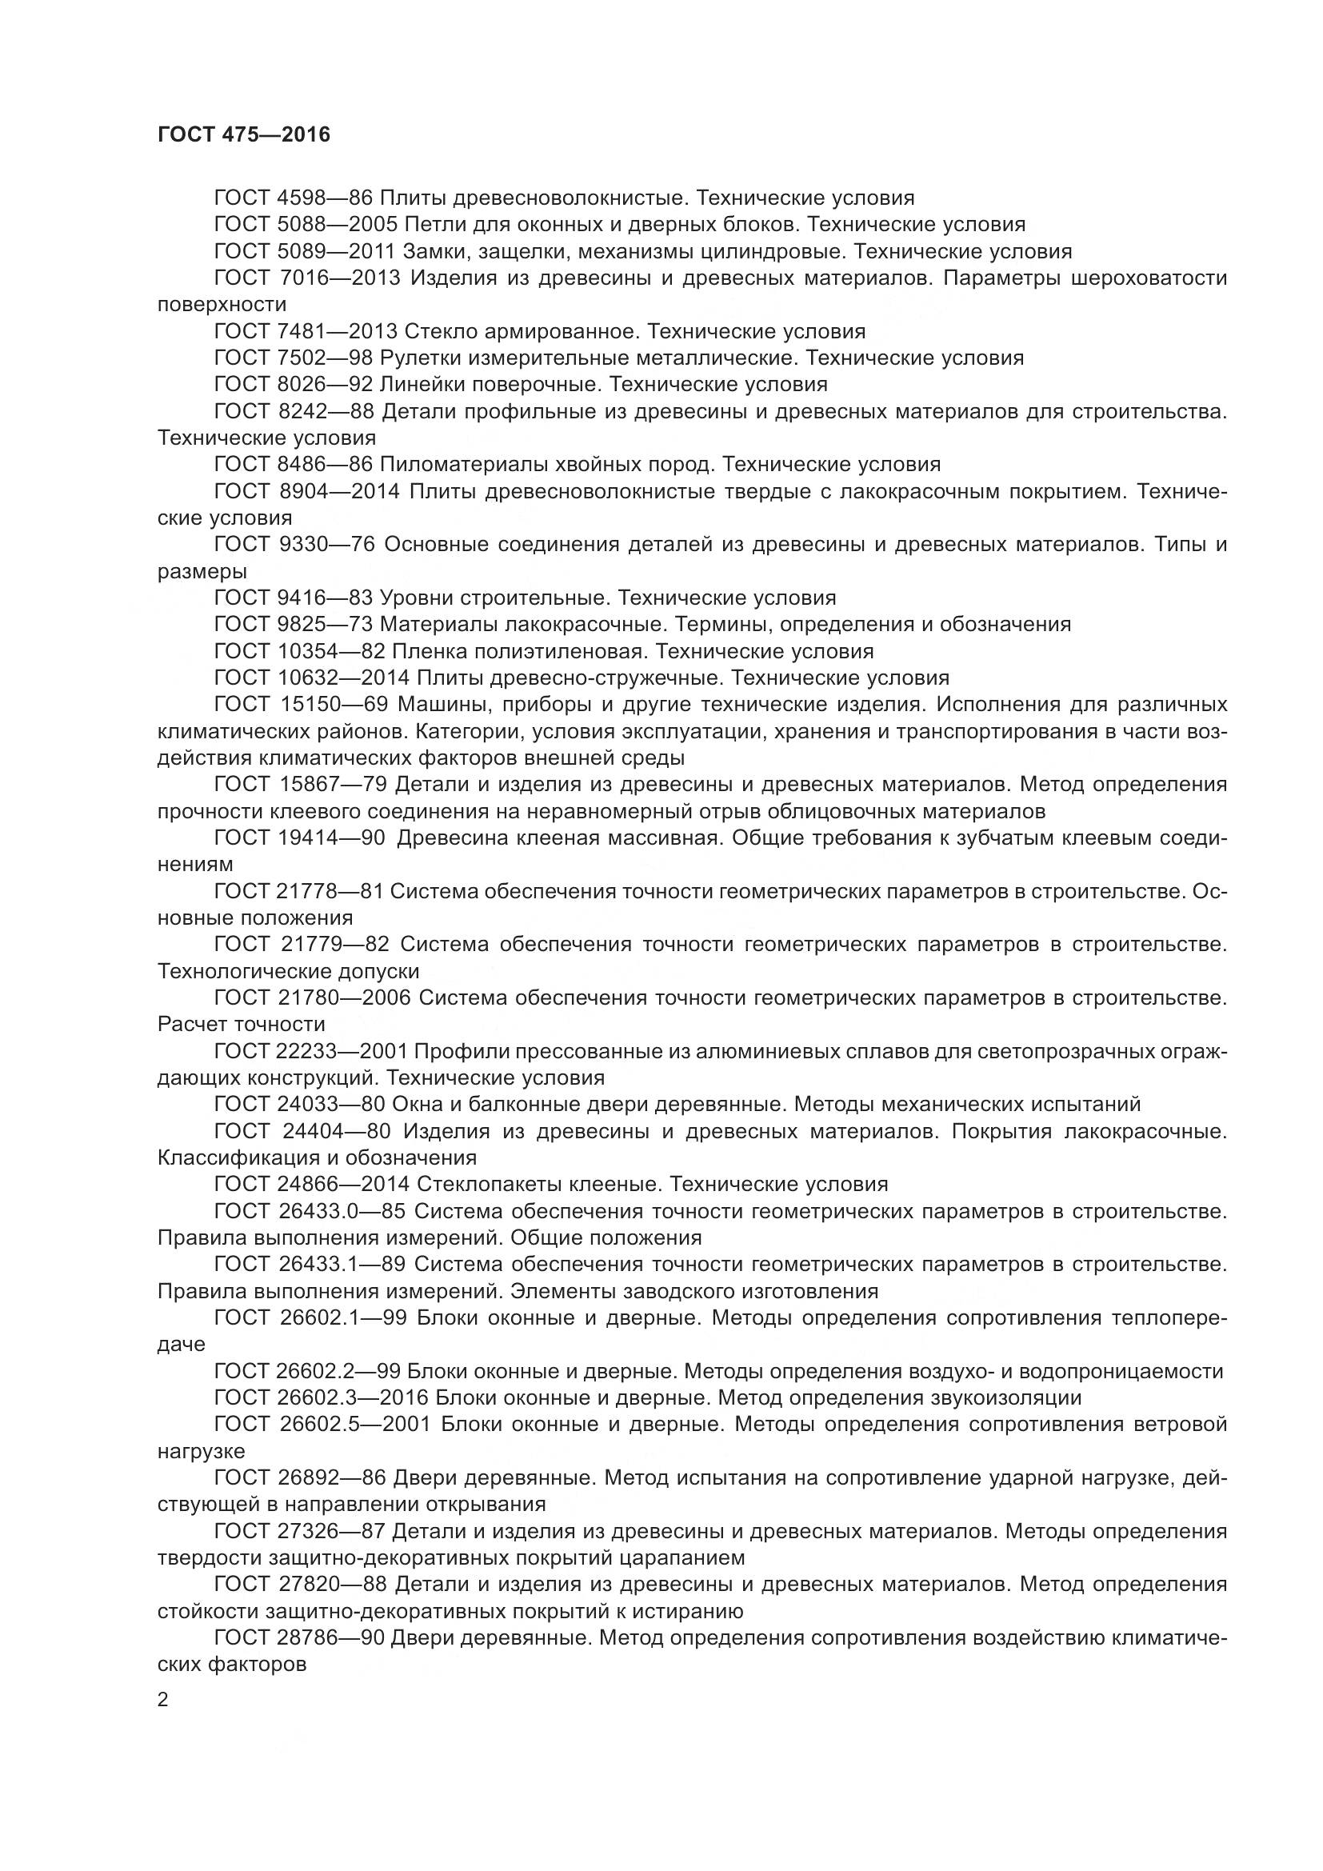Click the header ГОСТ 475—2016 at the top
click(x=244, y=134)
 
